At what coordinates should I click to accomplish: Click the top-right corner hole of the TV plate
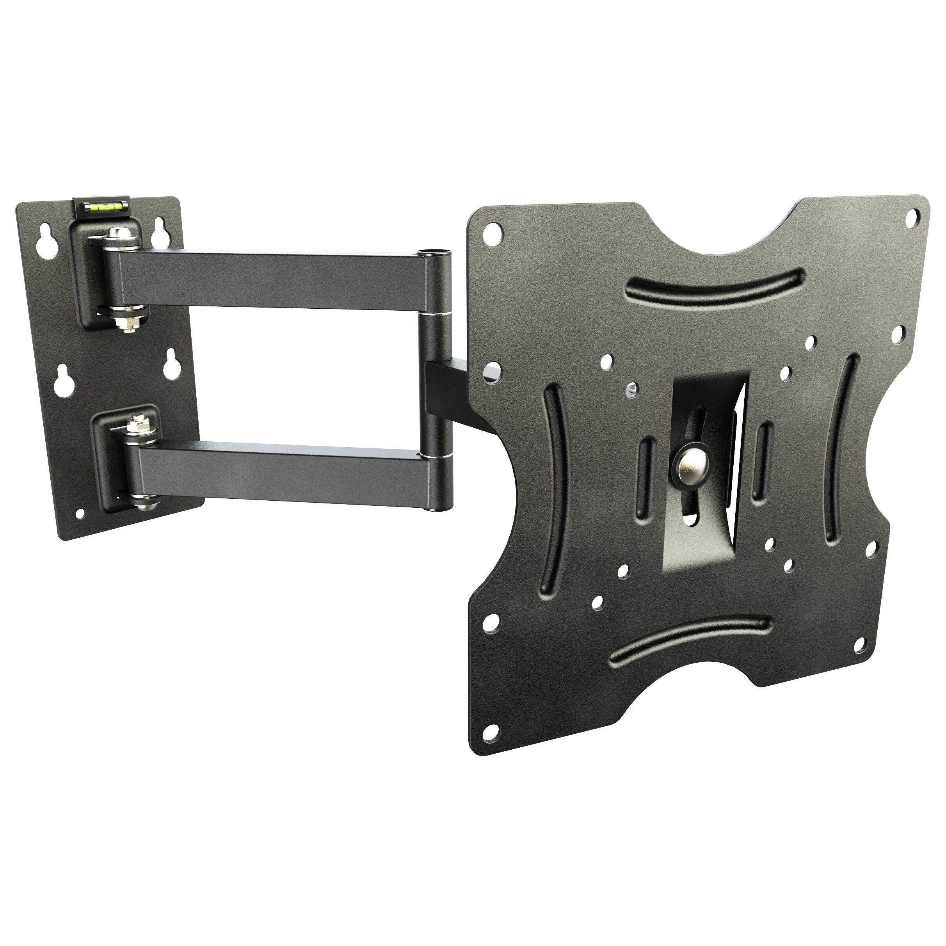click(x=912, y=218)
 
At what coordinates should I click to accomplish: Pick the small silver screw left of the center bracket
click(x=632, y=388)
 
